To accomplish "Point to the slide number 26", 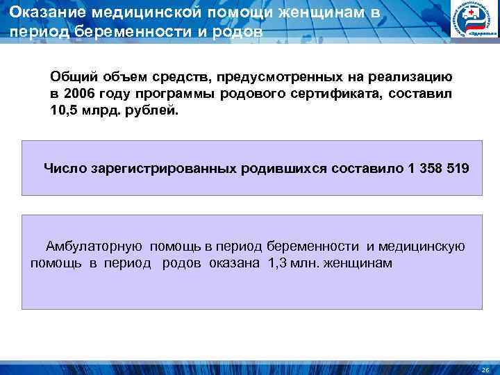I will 485,369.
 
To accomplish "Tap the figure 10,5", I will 63,110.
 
